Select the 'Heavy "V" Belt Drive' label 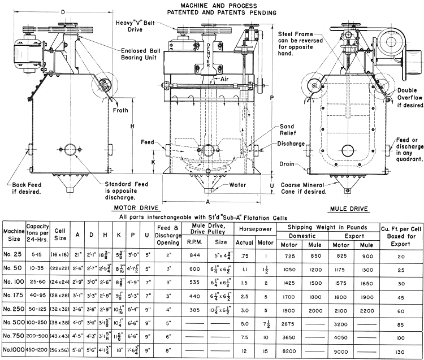(135, 25)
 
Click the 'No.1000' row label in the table (13, 350)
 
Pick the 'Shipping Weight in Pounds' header (327, 227)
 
